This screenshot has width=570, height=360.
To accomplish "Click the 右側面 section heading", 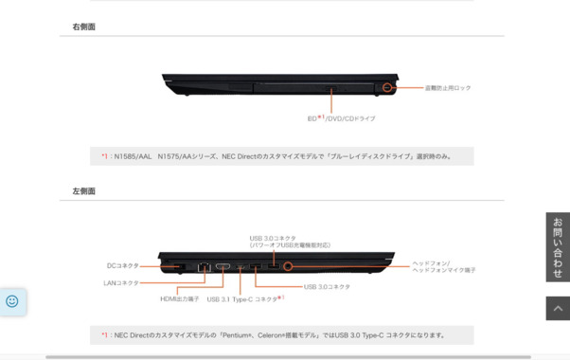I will [84, 27].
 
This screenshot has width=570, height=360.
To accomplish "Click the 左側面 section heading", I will [84, 190].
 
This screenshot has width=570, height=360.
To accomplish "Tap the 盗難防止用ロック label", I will [447, 88].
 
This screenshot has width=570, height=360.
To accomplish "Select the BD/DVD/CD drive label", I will [341, 118].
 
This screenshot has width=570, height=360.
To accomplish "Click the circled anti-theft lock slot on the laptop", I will [388, 88].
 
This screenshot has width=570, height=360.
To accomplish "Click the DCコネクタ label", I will [123, 266].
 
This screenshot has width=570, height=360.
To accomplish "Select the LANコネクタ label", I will [121, 282].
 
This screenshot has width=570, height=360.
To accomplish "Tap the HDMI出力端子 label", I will [179, 299].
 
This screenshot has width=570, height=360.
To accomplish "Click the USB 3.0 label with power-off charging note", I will [290, 242].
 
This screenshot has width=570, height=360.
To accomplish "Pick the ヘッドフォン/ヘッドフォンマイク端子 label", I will [443, 266].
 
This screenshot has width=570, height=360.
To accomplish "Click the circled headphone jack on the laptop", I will [288, 267].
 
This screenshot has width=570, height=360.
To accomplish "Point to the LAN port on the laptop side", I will [204, 267].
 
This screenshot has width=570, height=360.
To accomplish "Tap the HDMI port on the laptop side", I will [223, 267].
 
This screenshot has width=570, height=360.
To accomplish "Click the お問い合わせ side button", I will [558, 246].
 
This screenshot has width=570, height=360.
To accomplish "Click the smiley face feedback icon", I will [12, 301].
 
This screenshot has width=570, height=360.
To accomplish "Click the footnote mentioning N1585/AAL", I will [281, 156].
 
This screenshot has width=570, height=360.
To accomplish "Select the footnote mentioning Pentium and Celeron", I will [281, 334].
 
